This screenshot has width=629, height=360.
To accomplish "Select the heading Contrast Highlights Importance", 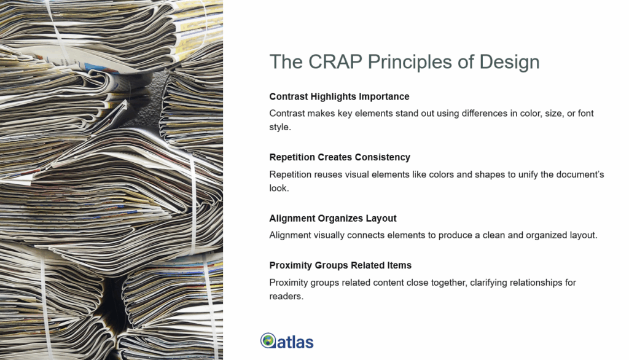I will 339,96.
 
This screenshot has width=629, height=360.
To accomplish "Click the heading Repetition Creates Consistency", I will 340,157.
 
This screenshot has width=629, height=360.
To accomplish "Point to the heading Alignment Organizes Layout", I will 333,218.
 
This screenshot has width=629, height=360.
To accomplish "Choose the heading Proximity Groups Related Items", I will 340,265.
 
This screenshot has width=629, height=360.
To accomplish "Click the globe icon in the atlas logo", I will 268,340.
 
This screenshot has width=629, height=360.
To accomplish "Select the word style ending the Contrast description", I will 279,128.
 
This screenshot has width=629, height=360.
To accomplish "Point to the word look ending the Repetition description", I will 278,189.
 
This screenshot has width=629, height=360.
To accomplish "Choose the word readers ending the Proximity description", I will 286,297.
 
